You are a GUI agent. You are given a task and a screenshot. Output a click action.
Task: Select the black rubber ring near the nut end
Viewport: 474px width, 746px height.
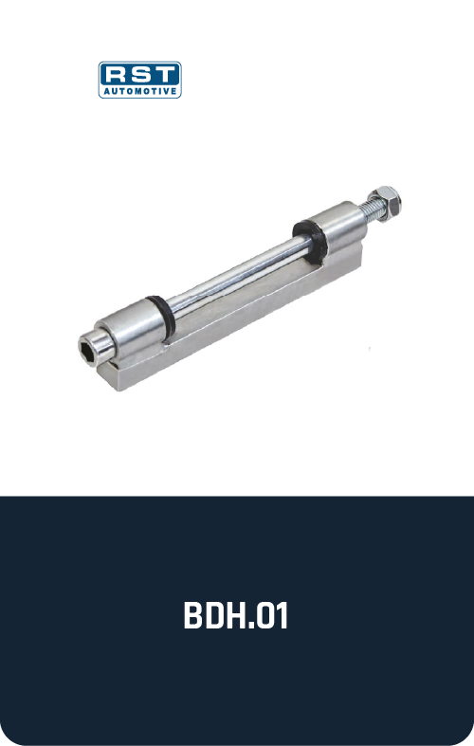tap(309, 242)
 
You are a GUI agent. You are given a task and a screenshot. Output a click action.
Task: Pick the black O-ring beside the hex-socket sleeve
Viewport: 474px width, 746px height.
tap(160, 315)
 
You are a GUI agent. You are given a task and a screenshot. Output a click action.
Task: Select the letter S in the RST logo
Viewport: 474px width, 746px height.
tap(141, 75)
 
